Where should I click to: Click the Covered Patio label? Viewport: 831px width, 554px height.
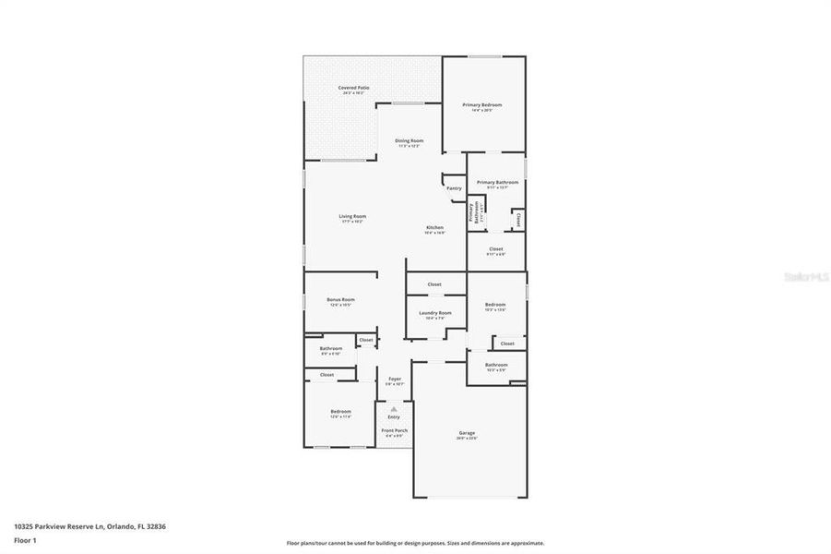(353, 88)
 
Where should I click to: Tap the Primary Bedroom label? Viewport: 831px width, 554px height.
(482, 105)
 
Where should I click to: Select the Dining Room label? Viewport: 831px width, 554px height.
(410, 140)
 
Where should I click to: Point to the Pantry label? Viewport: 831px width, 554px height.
(454, 188)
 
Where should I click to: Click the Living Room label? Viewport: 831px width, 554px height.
(352, 216)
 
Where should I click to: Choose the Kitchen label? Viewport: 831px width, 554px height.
(434, 227)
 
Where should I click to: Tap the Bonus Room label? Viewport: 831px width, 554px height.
(340, 299)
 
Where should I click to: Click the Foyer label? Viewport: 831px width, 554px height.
(395, 379)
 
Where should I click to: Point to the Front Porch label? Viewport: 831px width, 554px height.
(393, 430)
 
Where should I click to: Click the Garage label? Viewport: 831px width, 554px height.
(468, 432)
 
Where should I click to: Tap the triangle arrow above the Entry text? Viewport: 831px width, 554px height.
(394, 408)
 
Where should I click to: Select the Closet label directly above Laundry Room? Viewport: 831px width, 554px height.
(434, 284)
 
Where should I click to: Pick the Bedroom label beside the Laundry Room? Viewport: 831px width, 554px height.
(496, 304)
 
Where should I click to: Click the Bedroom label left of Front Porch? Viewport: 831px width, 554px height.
(340, 411)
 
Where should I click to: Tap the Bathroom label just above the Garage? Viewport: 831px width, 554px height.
(496, 365)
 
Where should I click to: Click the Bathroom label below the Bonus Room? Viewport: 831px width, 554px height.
(331, 348)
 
